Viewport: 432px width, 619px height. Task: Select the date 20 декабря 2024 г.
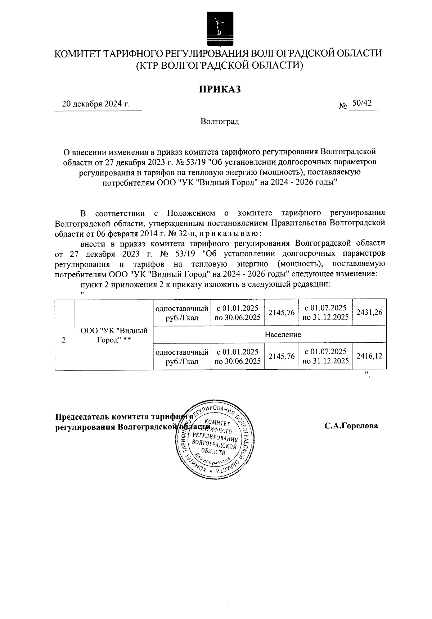pos(96,104)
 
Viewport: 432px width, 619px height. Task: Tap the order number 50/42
pos(362,103)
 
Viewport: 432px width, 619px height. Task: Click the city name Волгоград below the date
pos(220,122)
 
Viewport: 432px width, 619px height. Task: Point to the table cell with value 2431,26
pos(369,313)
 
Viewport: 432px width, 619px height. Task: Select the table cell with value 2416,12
pos(369,356)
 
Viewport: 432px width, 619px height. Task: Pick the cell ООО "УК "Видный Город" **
pos(114,334)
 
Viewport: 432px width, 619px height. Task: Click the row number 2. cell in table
pos(65,340)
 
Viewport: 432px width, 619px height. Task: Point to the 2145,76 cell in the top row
pos(282,313)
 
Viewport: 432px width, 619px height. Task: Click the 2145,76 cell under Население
pos(282,356)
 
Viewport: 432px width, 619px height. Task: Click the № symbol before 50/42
pos(342,106)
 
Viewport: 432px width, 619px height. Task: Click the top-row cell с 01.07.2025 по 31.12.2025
pos(325,313)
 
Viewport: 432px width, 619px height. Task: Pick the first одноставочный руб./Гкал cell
pos(182,313)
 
